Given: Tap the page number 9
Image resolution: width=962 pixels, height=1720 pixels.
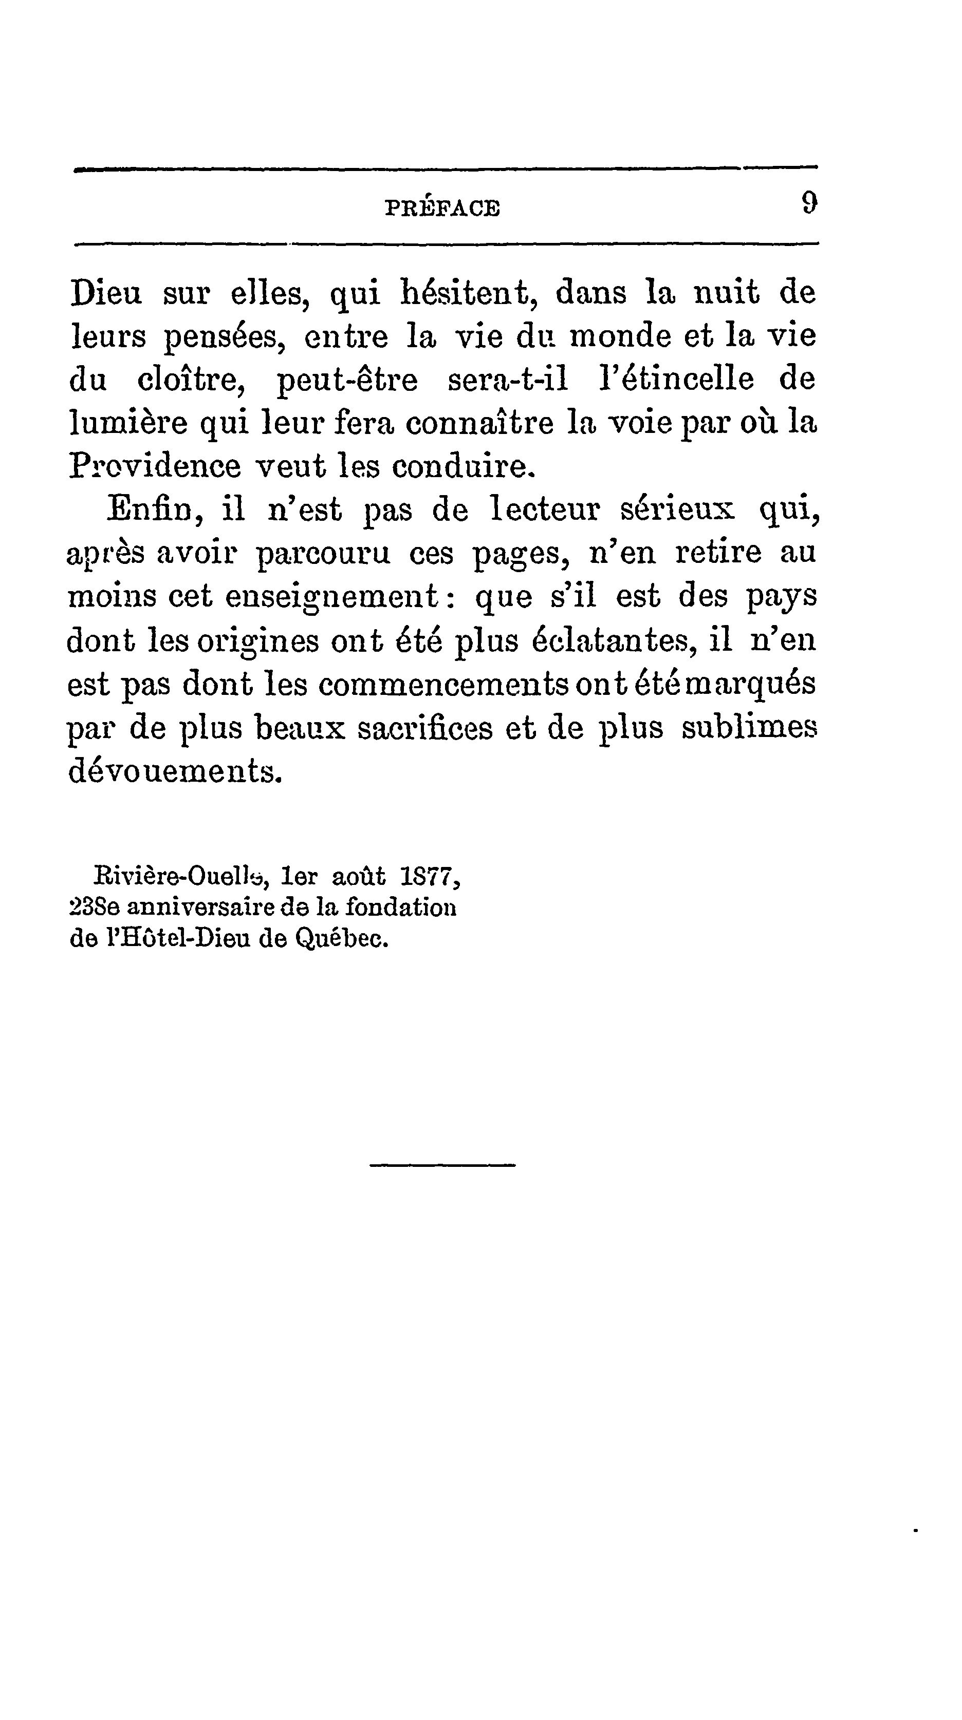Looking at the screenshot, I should click(x=808, y=203).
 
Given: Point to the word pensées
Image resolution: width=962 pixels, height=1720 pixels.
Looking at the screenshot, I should click(x=225, y=337).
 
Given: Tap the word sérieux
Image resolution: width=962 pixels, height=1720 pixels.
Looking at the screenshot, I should click(x=678, y=509).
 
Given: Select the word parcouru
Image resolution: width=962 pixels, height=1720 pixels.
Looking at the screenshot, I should click(x=323, y=554).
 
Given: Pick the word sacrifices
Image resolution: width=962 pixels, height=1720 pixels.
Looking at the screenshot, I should click(x=425, y=728).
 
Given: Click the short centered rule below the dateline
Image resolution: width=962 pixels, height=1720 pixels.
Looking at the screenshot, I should click(x=442, y=1166).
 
